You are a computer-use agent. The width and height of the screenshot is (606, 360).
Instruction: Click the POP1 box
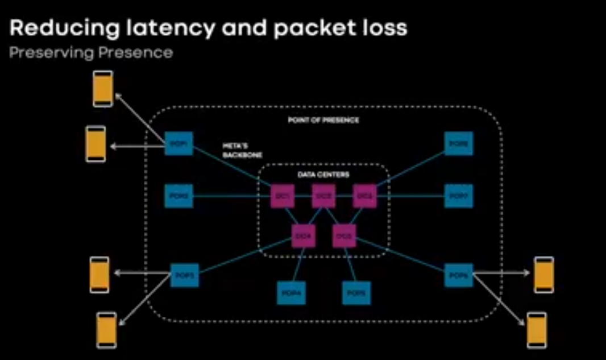coord(178,144)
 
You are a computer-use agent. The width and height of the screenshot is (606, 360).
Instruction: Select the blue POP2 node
coord(178,196)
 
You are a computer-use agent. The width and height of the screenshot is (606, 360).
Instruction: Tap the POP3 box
coord(185,275)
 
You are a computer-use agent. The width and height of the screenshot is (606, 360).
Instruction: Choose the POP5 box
coord(356,293)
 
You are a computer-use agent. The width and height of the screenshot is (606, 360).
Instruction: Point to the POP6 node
coord(458,275)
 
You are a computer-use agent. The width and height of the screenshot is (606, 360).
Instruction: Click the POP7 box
coord(458,196)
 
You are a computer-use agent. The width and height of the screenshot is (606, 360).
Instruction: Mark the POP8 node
coord(458,144)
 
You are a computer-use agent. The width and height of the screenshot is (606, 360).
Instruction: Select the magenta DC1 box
coord(283,196)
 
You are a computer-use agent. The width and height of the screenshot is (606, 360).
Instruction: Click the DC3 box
coord(364,196)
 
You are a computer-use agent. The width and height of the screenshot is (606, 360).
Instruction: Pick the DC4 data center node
coord(303,235)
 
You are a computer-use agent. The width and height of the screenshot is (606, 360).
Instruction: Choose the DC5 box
coord(344,235)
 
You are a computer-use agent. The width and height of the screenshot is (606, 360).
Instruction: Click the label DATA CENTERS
coord(323,175)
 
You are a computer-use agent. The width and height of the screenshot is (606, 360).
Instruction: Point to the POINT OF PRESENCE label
coord(323,121)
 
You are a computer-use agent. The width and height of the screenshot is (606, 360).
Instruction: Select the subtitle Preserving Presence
coord(91,53)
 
